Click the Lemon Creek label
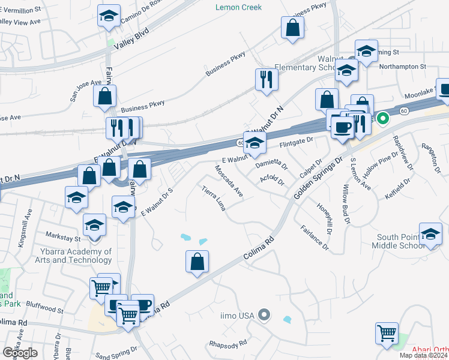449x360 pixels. coord(239,7)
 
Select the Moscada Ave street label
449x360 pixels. coord(230,182)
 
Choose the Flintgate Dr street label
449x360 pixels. coord(297,142)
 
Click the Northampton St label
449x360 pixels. coord(405,66)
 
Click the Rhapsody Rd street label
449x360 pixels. coord(228,344)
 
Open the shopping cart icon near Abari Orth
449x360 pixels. coord(387,333)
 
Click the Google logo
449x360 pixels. coord(20,353)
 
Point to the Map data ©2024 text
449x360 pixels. coord(423,355)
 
